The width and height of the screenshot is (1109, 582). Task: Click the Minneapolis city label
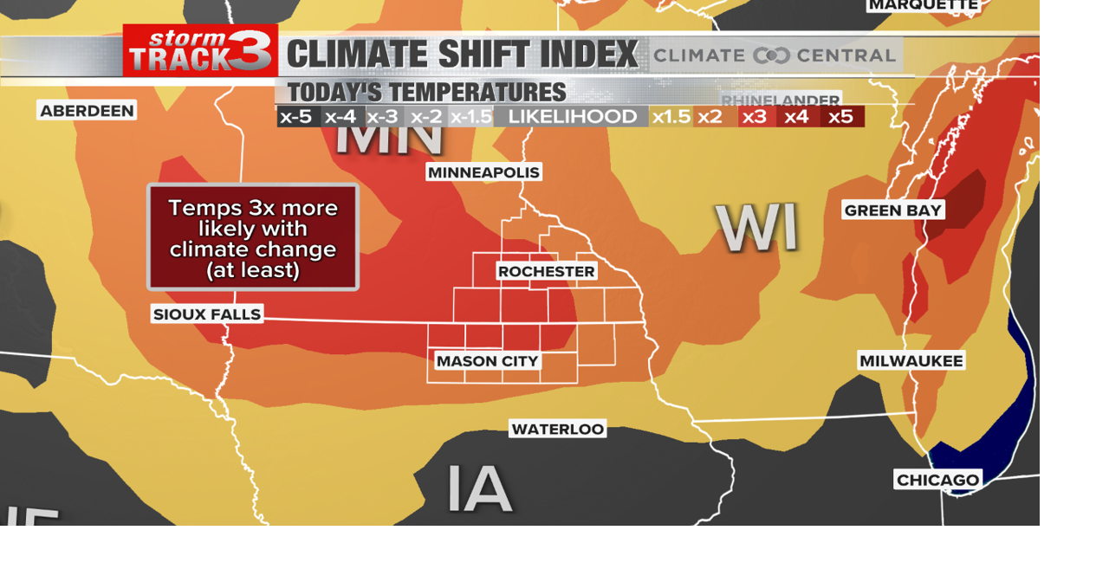point(484,172)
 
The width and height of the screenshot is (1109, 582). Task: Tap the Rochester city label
point(546,271)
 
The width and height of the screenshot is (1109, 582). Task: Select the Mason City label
point(487,361)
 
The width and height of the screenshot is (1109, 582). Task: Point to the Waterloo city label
point(557,429)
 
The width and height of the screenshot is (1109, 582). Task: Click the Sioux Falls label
point(207,314)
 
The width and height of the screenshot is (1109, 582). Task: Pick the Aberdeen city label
point(87,110)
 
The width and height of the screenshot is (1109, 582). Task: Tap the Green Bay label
point(892,210)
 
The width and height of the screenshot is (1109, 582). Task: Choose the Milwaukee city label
point(911,360)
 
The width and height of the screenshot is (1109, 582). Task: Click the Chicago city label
point(937,480)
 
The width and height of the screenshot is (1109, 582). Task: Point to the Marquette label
point(924,5)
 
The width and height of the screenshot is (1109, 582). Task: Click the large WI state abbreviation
point(756,229)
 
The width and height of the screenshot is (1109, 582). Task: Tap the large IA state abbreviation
point(479,488)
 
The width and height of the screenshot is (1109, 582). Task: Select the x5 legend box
point(841,117)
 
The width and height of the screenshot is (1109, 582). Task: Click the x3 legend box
point(755,117)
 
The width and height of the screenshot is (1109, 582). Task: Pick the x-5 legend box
point(296,117)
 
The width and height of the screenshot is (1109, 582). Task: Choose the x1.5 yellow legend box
point(671,117)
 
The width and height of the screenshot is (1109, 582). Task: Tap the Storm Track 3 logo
point(200,50)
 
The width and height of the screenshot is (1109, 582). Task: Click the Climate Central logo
point(774,55)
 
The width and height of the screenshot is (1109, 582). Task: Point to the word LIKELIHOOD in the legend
point(572,117)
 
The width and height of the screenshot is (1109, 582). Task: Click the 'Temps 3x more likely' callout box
point(252,237)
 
